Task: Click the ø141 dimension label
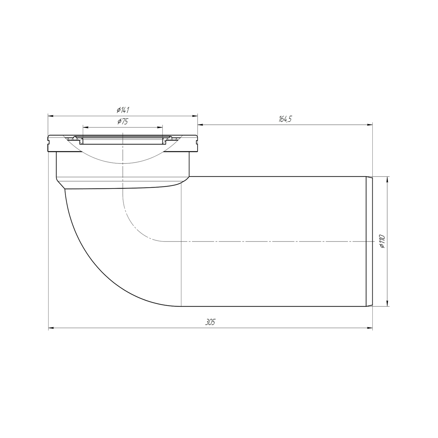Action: click(x=123, y=110)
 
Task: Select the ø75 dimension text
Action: click(x=123, y=121)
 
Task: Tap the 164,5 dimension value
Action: click(x=285, y=119)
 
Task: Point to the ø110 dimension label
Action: click(x=383, y=241)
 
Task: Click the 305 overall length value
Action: click(x=210, y=322)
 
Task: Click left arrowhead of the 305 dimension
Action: click(x=51, y=328)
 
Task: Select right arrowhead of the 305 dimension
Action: click(x=370, y=328)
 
